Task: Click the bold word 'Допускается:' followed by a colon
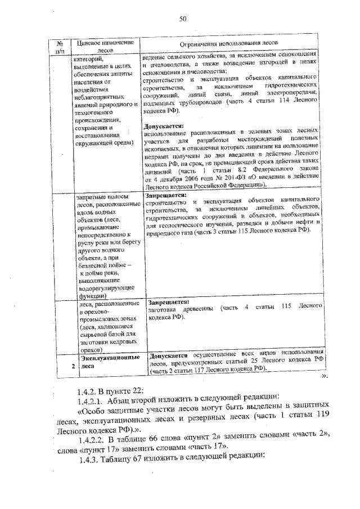click(163, 126)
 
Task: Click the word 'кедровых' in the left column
click(120, 341)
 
